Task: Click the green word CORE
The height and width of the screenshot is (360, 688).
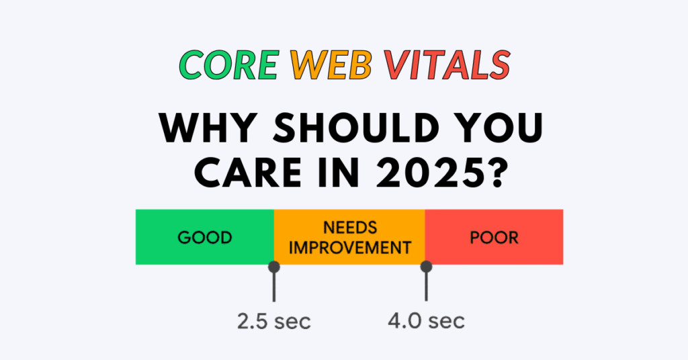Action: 229,65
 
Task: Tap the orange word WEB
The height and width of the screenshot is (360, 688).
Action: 331,65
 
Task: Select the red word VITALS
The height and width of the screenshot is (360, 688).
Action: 447,65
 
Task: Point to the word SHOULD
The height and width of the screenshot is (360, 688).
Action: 356,128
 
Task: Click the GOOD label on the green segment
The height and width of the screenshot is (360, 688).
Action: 205,238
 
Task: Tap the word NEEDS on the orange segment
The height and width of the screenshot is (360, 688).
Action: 350,228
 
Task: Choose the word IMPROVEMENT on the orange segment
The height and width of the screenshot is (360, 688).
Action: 350,248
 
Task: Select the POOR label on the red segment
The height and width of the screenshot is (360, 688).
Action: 494,238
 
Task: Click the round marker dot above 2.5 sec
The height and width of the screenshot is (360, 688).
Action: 274,267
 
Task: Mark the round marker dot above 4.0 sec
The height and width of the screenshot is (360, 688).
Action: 426,267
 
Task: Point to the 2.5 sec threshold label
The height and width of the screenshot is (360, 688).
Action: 274,322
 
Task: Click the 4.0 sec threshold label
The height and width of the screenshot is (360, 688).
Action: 426,321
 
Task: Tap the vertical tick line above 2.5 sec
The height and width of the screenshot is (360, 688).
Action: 274,287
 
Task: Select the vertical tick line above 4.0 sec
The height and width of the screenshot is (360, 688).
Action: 426,287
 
